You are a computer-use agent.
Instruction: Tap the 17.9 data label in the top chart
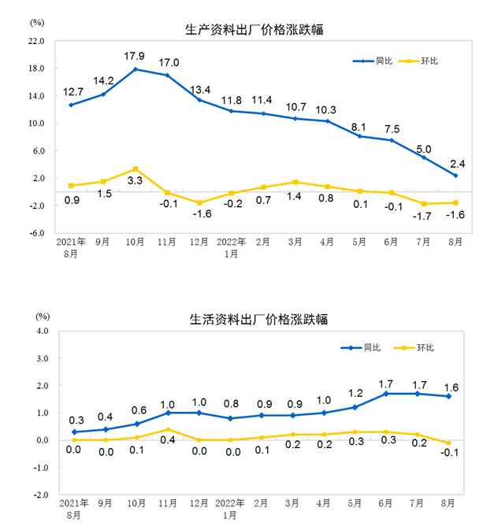click(135, 56)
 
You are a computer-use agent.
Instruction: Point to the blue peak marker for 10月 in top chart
click(136, 69)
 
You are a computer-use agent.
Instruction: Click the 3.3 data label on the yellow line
click(135, 181)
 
